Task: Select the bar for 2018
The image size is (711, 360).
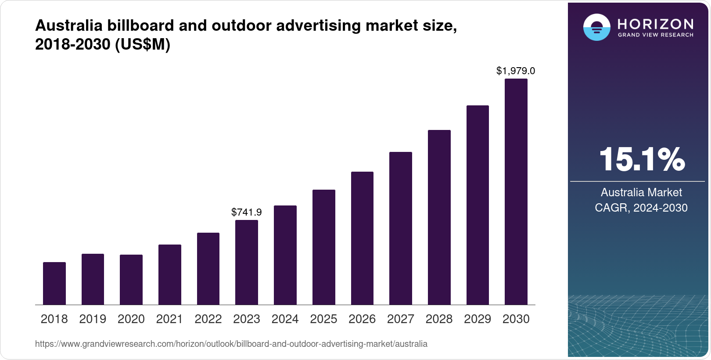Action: [54, 283]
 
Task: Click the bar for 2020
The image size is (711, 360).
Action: [131, 280]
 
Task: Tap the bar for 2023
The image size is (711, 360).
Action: [247, 262]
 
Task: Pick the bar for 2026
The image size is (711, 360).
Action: [362, 238]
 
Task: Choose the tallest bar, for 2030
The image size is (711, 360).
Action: [516, 192]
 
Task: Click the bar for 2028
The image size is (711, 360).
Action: [439, 217]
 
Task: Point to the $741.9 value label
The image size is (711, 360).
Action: [247, 212]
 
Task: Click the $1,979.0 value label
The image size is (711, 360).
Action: [516, 71]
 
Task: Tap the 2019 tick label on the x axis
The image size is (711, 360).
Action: [93, 319]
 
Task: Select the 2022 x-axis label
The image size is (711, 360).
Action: [208, 319]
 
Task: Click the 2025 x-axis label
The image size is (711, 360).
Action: [323, 319]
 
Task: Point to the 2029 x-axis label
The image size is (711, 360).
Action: [478, 319]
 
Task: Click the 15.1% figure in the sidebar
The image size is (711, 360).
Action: [642, 159]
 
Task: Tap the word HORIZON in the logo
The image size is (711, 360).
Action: [655, 24]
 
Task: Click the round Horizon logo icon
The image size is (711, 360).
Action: [596, 27]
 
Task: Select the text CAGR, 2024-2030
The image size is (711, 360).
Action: [641, 208]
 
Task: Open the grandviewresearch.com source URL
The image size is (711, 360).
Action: [231, 344]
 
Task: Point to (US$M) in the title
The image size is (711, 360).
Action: [142, 44]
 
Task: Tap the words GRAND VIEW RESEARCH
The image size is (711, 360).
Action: [655, 35]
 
